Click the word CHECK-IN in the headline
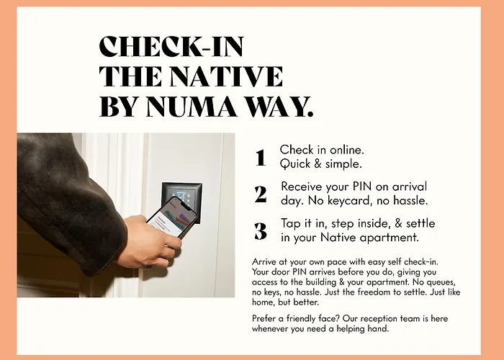(x=171, y=48)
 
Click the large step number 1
(x=260, y=158)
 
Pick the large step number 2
(x=261, y=194)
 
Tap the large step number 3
(x=261, y=230)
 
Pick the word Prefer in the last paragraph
(x=265, y=318)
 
